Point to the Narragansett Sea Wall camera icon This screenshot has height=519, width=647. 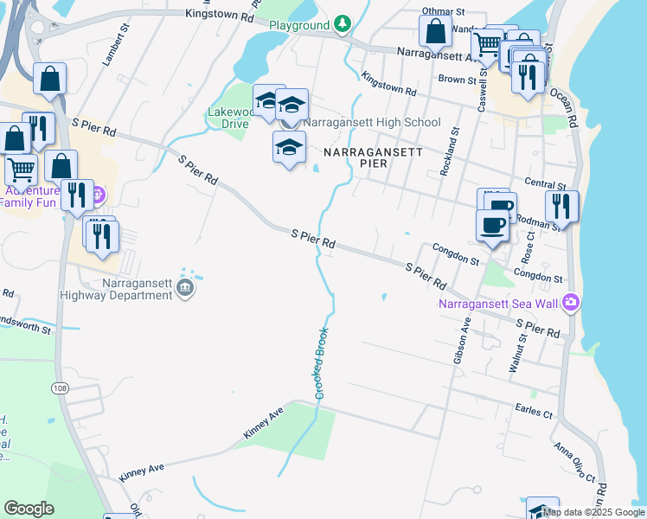pyautogui.click(x=571, y=303)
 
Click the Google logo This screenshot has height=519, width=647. pyautogui.click(x=29, y=509)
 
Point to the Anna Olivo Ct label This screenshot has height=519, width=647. pyautogui.click(x=574, y=464)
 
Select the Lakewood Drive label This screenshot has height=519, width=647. pyautogui.click(x=230, y=118)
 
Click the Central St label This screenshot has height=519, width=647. pyautogui.click(x=545, y=185)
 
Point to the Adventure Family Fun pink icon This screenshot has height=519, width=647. pyautogui.click(x=96, y=192)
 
